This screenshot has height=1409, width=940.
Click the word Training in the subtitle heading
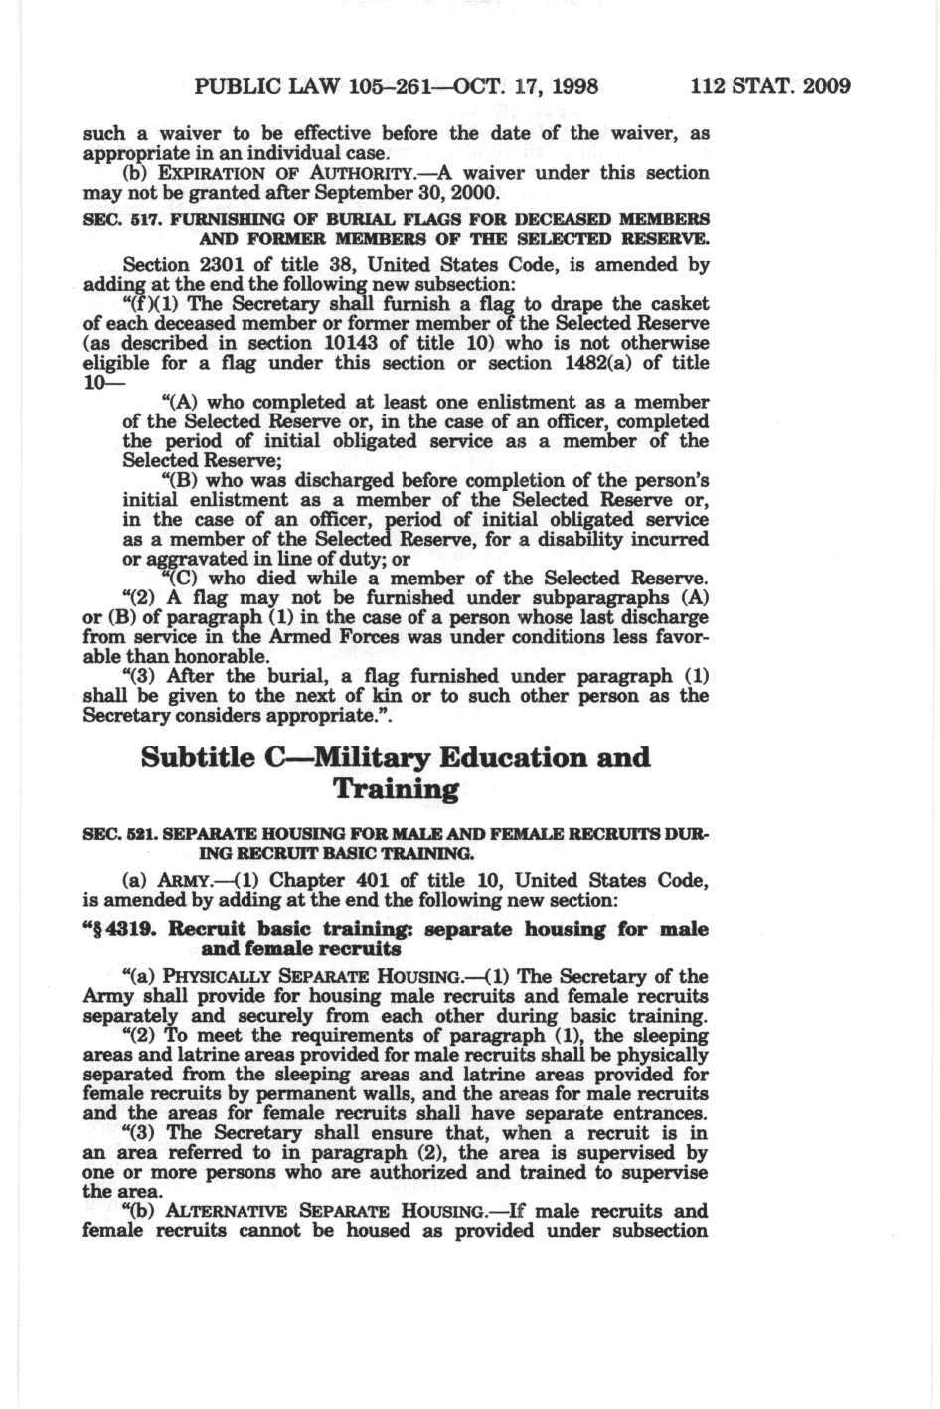[x=396, y=790]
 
